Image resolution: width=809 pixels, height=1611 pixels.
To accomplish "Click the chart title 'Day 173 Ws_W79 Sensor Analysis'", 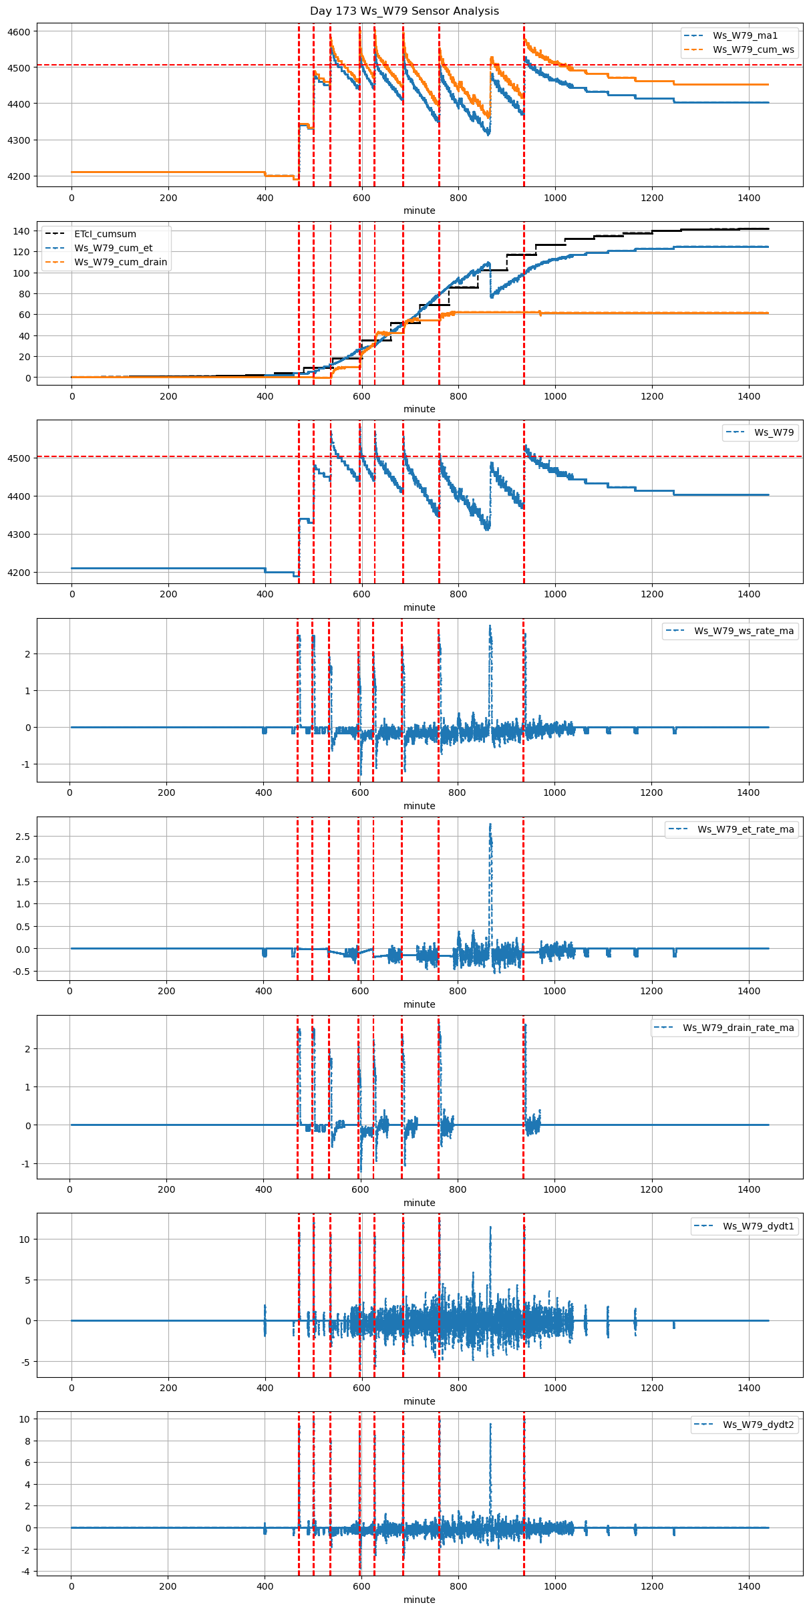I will click(404, 11).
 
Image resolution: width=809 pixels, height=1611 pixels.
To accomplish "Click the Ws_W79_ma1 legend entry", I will click(745, 35).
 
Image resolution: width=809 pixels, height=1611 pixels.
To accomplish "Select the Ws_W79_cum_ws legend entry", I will click(753, 49).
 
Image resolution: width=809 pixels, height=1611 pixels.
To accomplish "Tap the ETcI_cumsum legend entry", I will click(105, 234).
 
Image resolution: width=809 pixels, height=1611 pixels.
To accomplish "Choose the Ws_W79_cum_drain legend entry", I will click(120, 262).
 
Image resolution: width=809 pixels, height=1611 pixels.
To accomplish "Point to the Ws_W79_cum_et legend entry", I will click(113, 248).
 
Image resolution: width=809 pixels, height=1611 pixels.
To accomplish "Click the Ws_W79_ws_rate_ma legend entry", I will click(744, 631).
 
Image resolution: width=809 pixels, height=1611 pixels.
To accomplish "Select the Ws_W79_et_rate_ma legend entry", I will click(746, 829).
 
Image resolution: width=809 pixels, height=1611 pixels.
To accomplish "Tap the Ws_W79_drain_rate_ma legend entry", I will click(738, 1028).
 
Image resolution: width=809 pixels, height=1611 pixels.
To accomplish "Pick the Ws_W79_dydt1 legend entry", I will click(758, 1226).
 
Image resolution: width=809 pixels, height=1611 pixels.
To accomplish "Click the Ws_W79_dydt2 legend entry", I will click(758, 1425).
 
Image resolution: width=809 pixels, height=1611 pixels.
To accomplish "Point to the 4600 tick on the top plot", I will click(19, 31).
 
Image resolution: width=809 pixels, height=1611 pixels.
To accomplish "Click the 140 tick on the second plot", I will click(22, 231).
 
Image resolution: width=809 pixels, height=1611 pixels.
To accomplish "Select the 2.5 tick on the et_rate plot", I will click(22, 837).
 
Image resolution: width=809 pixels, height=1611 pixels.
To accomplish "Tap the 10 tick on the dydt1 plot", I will click(25, 1239).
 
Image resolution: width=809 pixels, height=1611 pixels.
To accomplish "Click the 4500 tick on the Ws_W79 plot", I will click(19, 458).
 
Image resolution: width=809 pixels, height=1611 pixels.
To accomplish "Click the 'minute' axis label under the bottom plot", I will click(419, 1600).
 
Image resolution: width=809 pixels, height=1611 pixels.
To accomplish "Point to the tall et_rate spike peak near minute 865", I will click(490, 825).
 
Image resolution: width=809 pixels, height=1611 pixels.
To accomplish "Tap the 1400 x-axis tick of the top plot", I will click(749, 198).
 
